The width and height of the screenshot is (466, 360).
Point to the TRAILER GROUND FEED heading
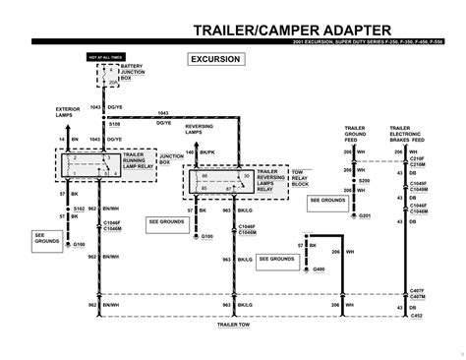pyautogui.click(x=356, y=134)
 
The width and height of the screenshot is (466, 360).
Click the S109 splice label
pyautogui.click(x=115, y=126)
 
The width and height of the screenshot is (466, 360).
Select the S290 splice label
pyautogui.click(x=366, y=182)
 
